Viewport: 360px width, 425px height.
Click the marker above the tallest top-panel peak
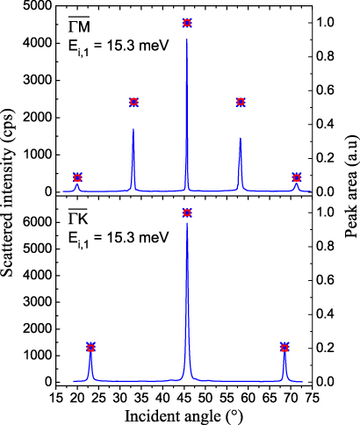click(187, 22)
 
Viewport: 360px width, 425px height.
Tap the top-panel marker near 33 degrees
click(133, 102)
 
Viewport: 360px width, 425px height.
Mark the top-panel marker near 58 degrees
click(241, 102)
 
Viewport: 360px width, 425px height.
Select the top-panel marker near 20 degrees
click(77, 177)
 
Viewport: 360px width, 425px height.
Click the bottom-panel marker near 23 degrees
click(90, 347)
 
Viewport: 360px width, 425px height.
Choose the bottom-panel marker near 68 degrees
click(284, 347)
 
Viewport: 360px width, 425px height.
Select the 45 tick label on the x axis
click(185, 396)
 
